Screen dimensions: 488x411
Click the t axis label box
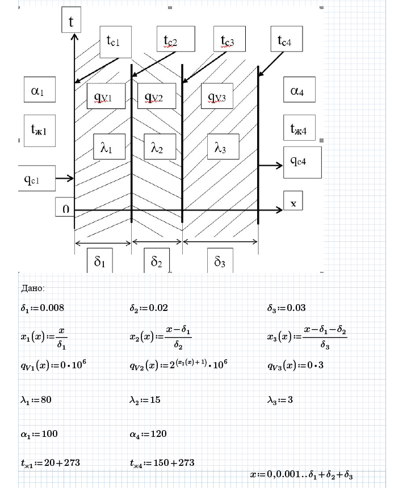tap(72, 22)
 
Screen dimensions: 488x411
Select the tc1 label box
tap(115, 41)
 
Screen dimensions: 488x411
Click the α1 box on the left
tap(39, 90)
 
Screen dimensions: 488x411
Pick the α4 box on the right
tap(299, 90)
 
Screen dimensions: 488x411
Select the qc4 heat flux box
tap(302, 162)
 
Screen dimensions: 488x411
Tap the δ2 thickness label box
tap(157, 262)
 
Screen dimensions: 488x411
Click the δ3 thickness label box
tap(220, 262)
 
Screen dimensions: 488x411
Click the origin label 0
tap(66, 209)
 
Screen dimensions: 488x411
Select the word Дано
tap(32, 288)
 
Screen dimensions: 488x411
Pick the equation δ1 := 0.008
tap(43, 308)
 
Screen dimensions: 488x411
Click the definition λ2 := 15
tap(145, 400)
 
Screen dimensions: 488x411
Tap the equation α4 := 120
tap(148, 434)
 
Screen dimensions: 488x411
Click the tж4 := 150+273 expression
tap(162, 463)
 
